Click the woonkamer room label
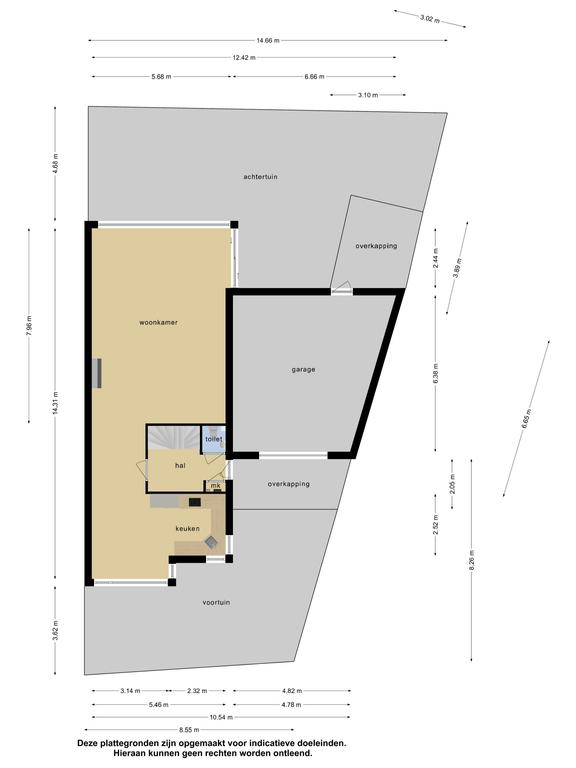(x=158, y=322)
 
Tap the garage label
(x=303, y=369)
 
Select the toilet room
(x=214, y=438)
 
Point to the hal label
(x=180, y=465)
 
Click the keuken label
(x=188, y=528)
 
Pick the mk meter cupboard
(x=216, y=486)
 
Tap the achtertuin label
(x=261, y=176)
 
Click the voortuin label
(x=216, y=602)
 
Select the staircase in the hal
(x=174, y=437)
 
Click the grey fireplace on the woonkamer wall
(x=97, y=373)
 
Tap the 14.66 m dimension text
(x=267, y=41)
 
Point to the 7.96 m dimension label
(x=29, y=326)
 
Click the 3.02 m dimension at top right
(x=430, y=19)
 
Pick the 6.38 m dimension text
(x=435, y=374)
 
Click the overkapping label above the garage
(x=376, y=246)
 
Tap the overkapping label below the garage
(x=288, y=484)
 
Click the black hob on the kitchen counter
(x=195, y=502)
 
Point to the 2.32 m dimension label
(x=197, y=691)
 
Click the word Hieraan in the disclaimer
(x=129, y=753)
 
